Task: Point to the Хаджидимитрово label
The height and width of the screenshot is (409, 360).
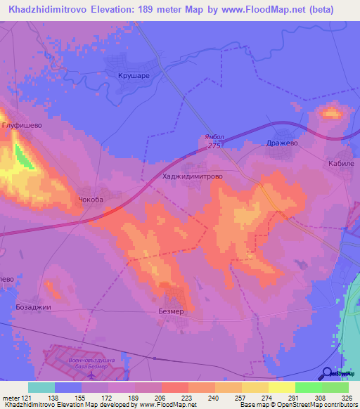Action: [x=192, y=178]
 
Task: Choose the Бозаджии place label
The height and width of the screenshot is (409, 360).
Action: [x=34, y=307]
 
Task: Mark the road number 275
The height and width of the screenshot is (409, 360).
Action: [x=214, y=146]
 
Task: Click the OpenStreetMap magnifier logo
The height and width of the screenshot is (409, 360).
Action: [x=328, y=372]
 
